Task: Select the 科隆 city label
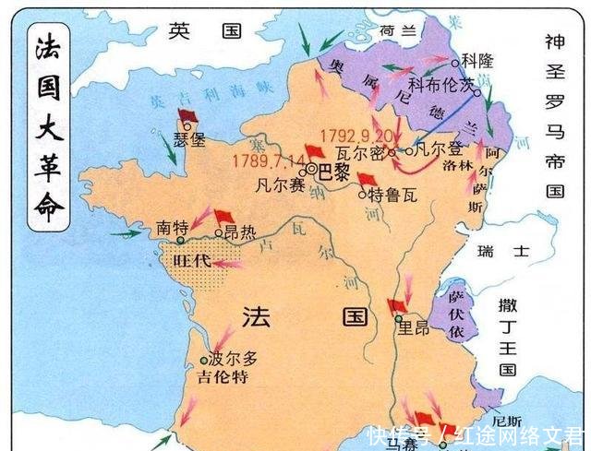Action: coord(477,62)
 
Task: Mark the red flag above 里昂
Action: coord(398,304)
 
